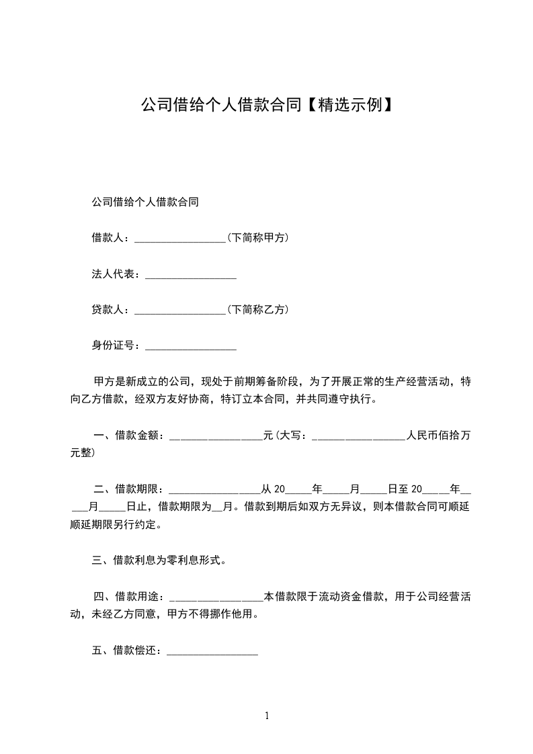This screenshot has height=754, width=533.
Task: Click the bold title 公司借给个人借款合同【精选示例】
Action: [266, 106]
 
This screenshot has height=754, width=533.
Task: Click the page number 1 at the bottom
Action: [267, 716]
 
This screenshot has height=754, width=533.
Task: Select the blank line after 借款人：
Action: [180, 239]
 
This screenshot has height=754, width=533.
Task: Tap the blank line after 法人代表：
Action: [191, 276]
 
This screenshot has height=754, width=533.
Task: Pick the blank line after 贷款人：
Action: [180, 311]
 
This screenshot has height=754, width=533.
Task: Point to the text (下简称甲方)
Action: [257, 238]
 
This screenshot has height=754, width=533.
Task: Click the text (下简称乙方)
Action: [257, 310]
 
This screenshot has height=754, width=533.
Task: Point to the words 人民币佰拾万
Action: [438, 436]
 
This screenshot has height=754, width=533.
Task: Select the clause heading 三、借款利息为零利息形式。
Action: [159, 560]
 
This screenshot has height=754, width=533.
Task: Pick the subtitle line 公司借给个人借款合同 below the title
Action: [145, 202]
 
